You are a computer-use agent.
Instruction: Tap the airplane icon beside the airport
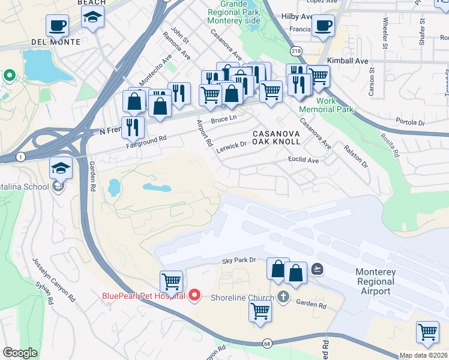(318, 270)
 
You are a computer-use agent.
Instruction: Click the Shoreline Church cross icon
(283, 297)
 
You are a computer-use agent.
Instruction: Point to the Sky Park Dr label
(239, 260)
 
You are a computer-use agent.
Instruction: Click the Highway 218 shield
(295, 52)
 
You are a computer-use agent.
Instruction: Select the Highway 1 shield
(21, 157)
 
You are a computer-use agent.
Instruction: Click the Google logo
(20, 352)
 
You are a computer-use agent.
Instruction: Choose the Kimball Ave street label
(348, 61)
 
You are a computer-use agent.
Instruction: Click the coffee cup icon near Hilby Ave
(323, 26)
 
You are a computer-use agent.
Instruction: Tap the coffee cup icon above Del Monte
(57, 26)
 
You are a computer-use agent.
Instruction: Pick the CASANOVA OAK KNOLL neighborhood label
(276, 137)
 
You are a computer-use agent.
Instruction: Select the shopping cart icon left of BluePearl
(171, 281)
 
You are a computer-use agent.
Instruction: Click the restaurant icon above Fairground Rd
(133, 127)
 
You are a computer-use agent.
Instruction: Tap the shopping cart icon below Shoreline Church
(260, 311)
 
